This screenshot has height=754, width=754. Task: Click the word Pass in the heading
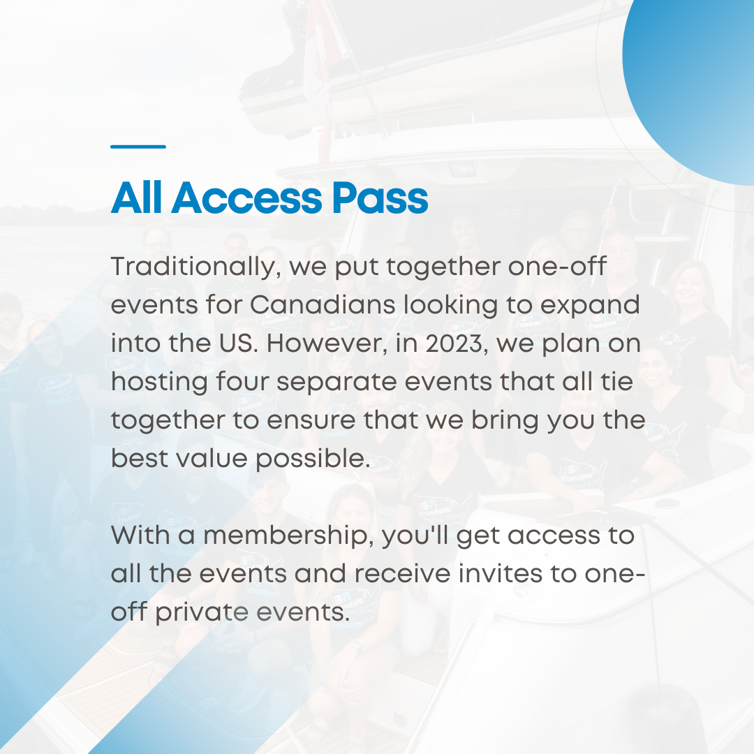coord(380,198)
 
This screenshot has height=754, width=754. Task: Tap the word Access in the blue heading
coord(246,198)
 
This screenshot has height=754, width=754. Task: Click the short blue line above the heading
coord(138,146)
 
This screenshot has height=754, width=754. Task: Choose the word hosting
coord(160,383)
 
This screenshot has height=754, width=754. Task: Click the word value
coord(212,458)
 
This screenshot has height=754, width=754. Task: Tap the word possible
coord(313,460)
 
